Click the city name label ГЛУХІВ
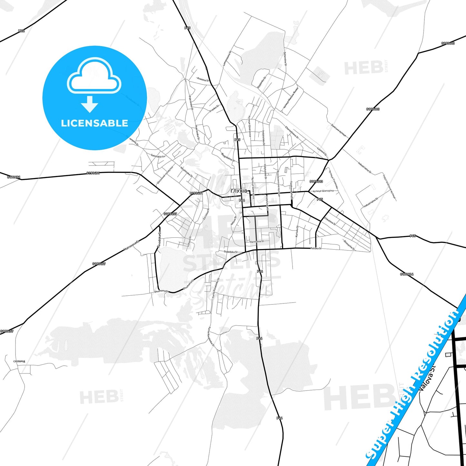click(239, 191)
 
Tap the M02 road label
click(21, 31)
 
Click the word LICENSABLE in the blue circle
click(94, 123)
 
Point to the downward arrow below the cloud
click(90, 104)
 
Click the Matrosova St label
click(132, 246)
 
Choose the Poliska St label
click(316, 248)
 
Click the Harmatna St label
click(257, 241)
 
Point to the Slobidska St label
click(231, 252)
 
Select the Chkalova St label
click(330, 221)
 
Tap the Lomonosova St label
click(227, 58)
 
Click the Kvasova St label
click(203, 79)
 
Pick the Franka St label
click(214, 108)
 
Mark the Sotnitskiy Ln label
click(158, 156)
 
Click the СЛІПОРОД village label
click(19, 362)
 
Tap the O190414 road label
click(407, 274)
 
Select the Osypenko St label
click(262, 82)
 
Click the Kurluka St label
click(297, 232)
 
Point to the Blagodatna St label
click(228, 157)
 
